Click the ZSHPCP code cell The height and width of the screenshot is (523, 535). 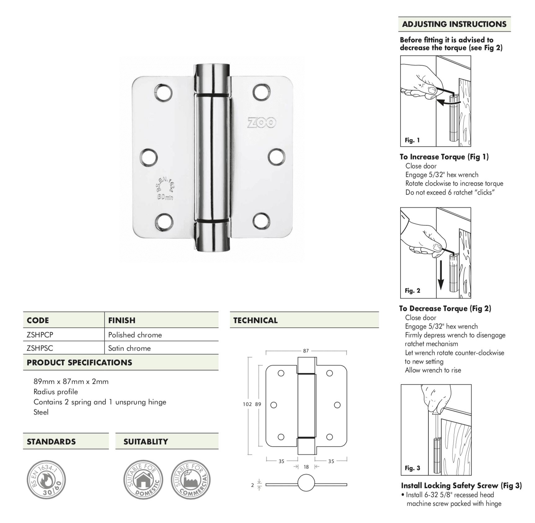coord(40,335)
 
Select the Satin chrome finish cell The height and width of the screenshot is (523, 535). coord(129,348)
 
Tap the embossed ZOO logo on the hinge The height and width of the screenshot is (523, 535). coord(262,123)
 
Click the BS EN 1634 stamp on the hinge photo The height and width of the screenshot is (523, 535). coord(164,188)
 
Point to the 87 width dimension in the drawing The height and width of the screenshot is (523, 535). coord(306,351)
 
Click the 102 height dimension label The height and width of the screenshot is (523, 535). coord(247,404)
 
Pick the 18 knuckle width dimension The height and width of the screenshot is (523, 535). coord(306,467)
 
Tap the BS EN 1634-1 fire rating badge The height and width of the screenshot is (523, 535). coord(46,480)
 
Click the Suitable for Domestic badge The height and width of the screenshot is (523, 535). coord(143,480)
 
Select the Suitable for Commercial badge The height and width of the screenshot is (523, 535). coord(190,480)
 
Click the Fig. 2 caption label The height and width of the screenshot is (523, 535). coord(412,291)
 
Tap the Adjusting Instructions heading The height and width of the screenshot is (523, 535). coord(454,24)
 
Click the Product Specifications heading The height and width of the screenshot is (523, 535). coord(79,363)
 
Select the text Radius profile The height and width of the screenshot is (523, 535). coord(56,392)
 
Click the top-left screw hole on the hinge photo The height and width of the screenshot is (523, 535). coord(163,92)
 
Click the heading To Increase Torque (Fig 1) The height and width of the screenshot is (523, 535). coord(444,157)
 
